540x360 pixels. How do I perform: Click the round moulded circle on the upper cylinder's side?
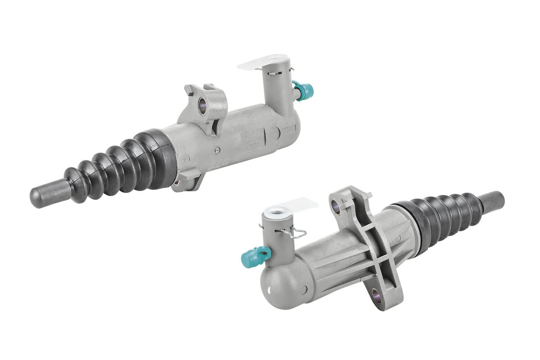click(x=273, y=135)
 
